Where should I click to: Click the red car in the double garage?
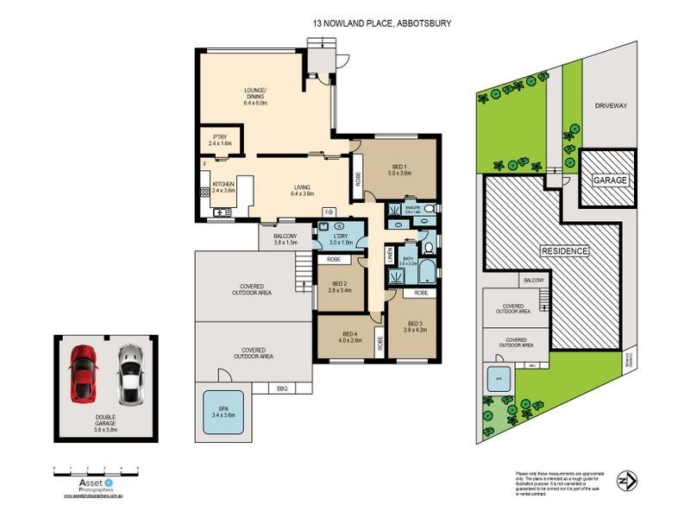pyautogui.click(x=84, y=373)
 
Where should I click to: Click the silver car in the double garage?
pyautogui.click(x=129, y=373)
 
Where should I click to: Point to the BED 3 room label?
pyautogui.click(x=405, y=324)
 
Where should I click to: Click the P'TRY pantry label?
pyautogui.click(x=219, y=137)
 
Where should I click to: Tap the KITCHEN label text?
pyautogui.click(x=223, y=184)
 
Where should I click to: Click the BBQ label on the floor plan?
pyautogui.click(x=281, y=387)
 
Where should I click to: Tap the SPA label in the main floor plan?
pyautogui.click(x=223, y=409)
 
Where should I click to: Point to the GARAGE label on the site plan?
pyautogui.click(x=608, y=180)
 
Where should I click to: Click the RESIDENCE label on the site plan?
pyautogui.click(x=565, y=251)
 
